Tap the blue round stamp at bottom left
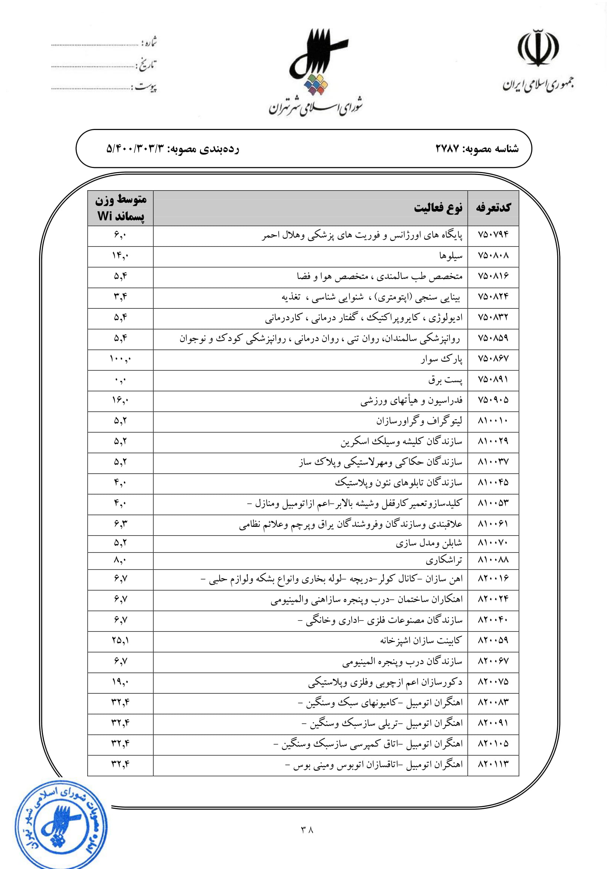click(61, 826)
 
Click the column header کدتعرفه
click(493, 208)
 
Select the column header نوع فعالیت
click(438, 208)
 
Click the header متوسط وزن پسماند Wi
click(121, 208)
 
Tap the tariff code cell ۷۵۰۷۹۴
click(493, 235)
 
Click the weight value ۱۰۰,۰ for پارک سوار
click(121, 359)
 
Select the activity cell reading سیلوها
click(451, 256)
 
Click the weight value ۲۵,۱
click(121, 640)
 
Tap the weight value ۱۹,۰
click(121, 682)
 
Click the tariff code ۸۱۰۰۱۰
click(493, 421)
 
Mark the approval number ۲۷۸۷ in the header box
click(447, 149)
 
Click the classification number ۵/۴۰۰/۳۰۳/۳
click(136, 149)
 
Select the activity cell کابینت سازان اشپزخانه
click(421, 640)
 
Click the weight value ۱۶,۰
click(121, 400)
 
